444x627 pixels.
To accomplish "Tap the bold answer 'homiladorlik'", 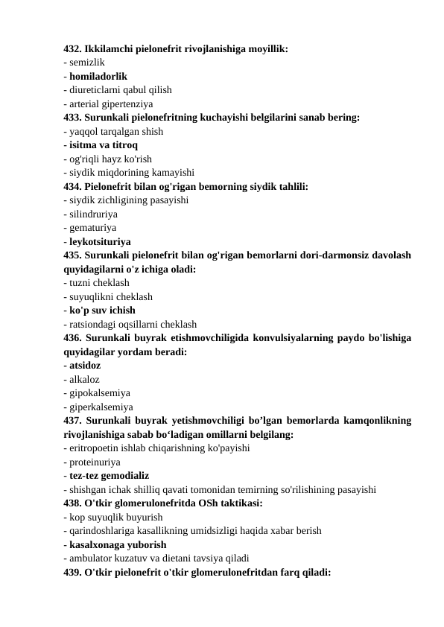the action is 98,76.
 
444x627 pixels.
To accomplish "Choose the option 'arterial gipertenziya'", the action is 111,104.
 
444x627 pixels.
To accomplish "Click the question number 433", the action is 74,117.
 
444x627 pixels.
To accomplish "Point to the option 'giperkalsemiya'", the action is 101,407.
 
